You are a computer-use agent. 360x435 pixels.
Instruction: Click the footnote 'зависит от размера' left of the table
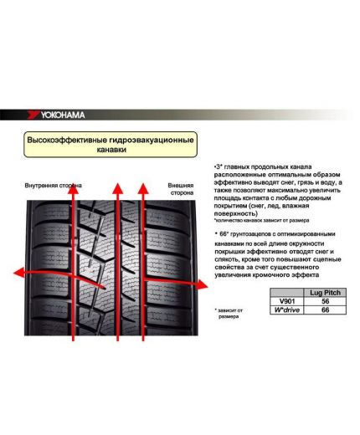point(229,314)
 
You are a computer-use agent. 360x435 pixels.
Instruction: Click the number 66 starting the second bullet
point(222,233)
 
